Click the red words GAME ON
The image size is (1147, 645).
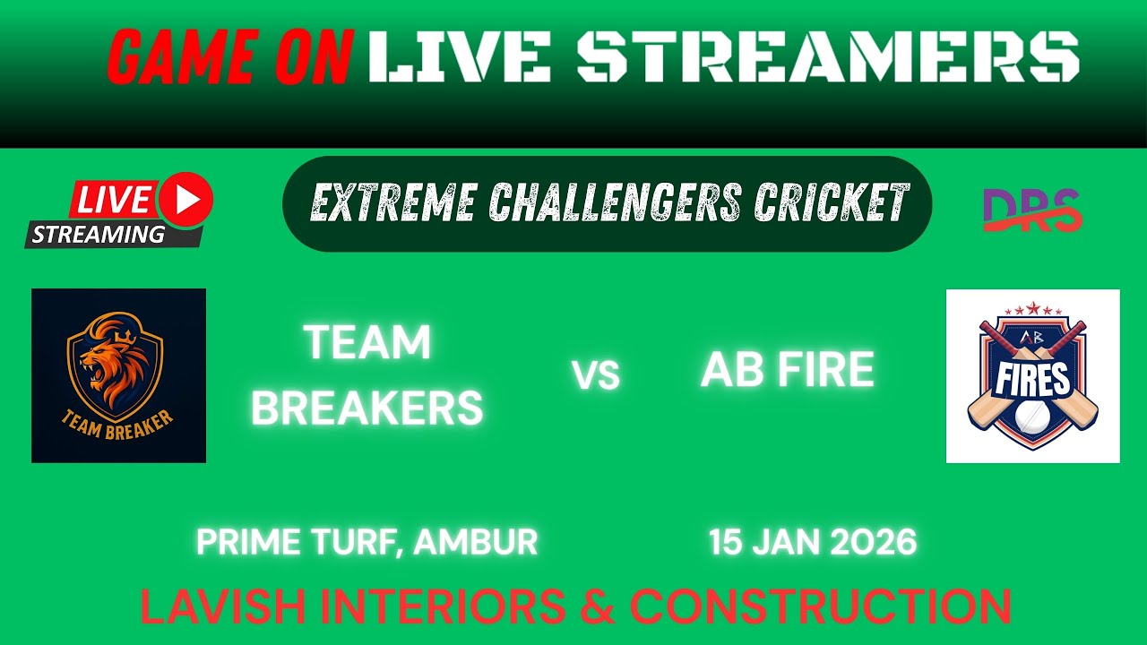(x=229, y=56)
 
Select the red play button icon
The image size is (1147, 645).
(x=186, y=199)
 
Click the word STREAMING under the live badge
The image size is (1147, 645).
(x=99, y=235)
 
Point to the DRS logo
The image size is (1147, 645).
(x=1031, y=211)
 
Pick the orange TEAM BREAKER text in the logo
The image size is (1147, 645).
(x=118, y=423)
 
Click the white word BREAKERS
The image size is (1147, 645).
(x=367, y=408)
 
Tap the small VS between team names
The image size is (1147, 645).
(x=596, y=376)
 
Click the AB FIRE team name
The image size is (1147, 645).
(x=787, y=370)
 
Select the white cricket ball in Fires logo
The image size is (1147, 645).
(x=1032, y=415)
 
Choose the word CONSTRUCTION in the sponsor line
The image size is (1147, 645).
(x=820, y=606)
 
